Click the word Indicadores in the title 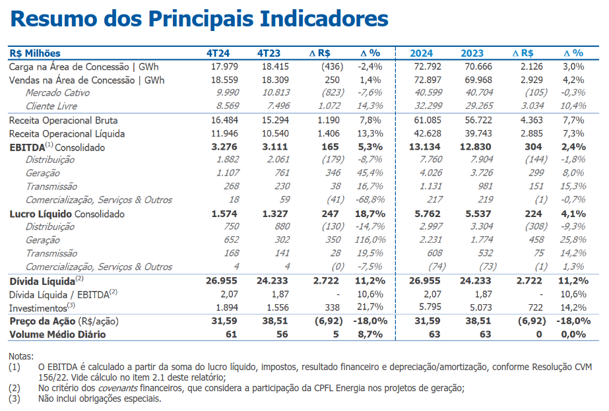[324, 18]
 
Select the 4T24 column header [218, 53]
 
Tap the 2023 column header [472, 53]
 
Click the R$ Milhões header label [35, 53]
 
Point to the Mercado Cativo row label [57, 93]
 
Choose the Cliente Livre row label [51, 106]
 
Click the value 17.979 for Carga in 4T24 [224, 67]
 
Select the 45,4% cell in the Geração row [369, 172]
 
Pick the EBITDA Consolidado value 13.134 [424, 147]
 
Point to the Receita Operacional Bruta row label [63, 121]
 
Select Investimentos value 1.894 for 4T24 [227, 307]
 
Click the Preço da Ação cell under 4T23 [275, 321]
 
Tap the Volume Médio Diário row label [57, 334]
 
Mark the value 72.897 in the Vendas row [428, 80]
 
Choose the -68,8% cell [370, 200]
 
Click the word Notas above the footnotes [21, 356]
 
